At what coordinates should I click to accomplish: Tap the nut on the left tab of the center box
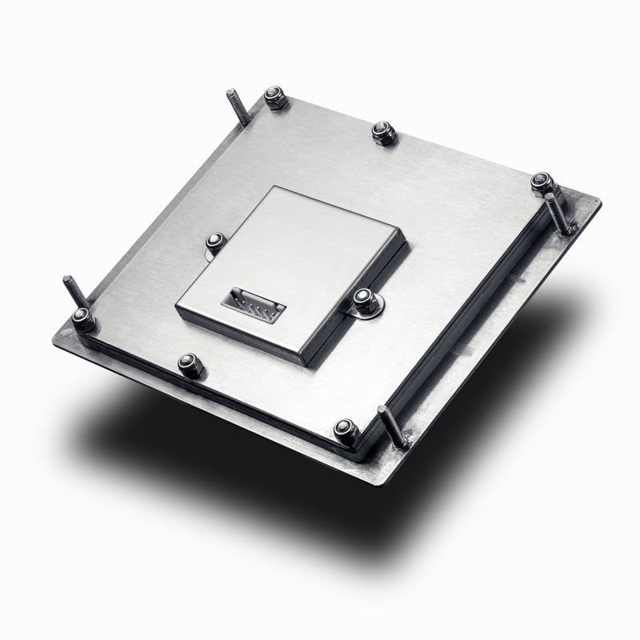(x=214, y=241)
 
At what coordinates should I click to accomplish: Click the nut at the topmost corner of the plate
(x=276, y=98)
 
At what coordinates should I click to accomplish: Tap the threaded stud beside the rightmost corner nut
(x=559, y=213)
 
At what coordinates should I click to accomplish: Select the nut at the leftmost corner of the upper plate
(x=83, y=318)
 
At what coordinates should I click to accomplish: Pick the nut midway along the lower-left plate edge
(x=190, y=364)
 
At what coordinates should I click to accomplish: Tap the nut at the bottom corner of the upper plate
(x=346, y=430)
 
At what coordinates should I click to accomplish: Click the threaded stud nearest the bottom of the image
(x=393, y=425)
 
